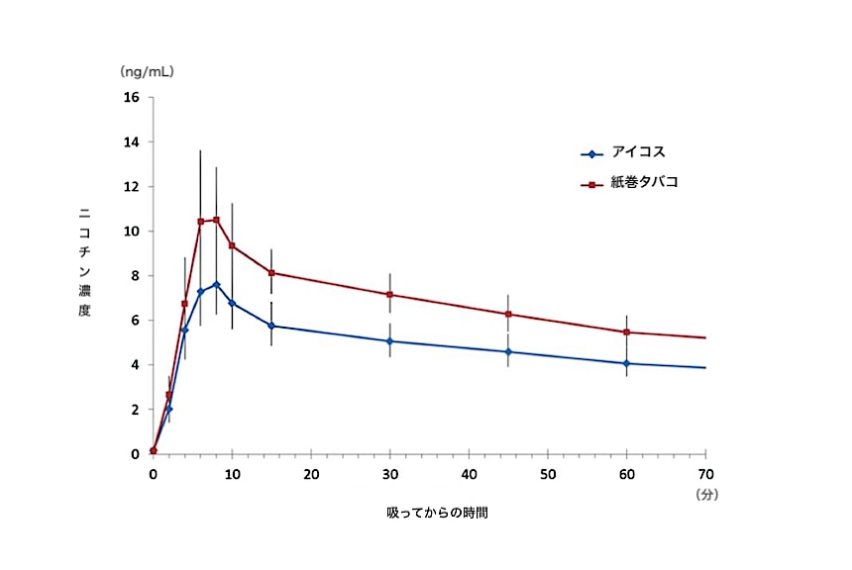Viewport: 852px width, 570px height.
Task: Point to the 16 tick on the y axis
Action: (x=131, y=97)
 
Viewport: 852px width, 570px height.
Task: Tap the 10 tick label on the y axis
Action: (x=131, y=232)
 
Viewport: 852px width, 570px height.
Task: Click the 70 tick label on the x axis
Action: (x=705, y=474)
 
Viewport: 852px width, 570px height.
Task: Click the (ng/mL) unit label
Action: (x=148, y=72)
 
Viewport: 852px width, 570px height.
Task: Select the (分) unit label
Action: (x=706, y=492)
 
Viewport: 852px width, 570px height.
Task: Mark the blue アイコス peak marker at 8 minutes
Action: (x=216, y=285)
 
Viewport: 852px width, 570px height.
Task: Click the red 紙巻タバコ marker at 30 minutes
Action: (x=390, y=295)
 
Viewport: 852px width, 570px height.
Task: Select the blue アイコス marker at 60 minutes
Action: (x=626, y=363)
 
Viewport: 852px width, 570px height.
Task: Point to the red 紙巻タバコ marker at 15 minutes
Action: (x=271, y=273)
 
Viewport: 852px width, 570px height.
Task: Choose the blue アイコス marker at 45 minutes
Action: (x=508, y=351)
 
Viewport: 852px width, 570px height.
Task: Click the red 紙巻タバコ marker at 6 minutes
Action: (x=200, y=222)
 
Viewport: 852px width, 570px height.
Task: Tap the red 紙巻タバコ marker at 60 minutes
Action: (x=626, y=332)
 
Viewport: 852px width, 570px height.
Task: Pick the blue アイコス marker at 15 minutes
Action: (x=271, y=326)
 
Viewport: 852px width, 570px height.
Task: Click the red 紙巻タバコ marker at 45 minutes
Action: (x=508, y=315)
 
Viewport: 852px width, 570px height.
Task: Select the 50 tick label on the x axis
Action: (x=548, y=474)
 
